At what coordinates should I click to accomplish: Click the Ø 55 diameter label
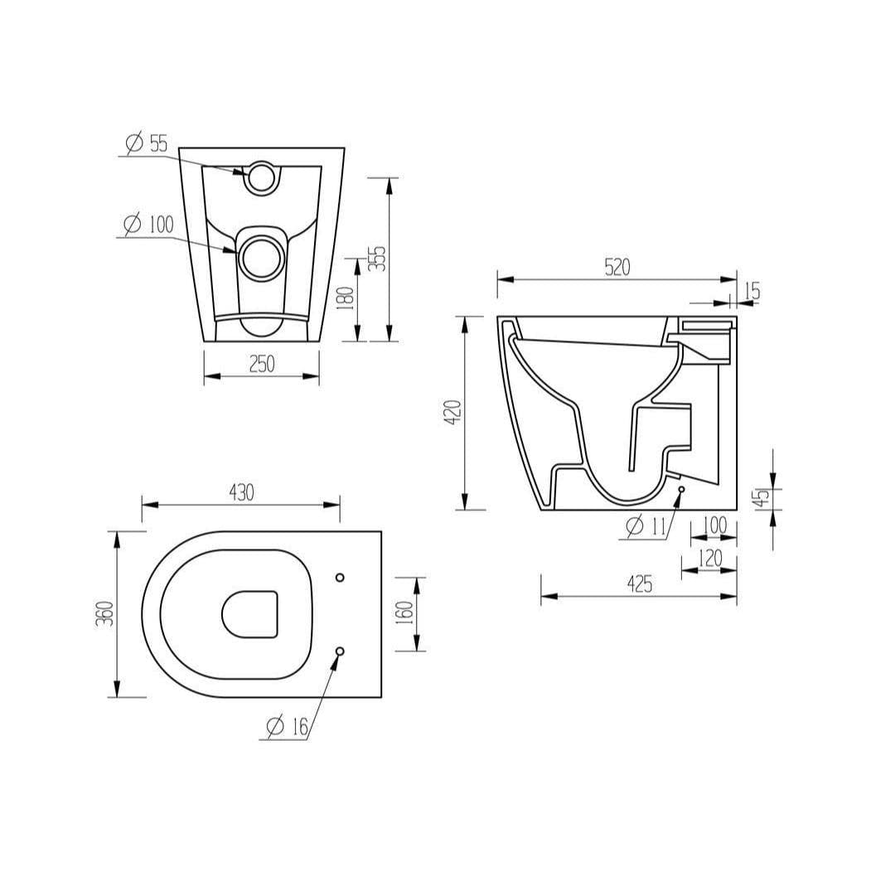pyautogui.click(x=147, y=143)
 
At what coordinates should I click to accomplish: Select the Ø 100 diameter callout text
pyautogui.click(x=148, y=225)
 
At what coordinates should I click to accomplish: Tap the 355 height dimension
pyautogui.click(x=378, y=259)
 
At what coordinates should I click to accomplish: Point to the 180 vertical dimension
pyautogui.click(x=346, y=298)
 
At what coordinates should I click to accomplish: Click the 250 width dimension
pyautogui.click(x=261, y=364)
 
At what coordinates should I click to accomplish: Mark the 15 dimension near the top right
pyautogui.click(x=752, y=291)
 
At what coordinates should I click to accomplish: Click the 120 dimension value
pyautogui.click(x=710, y=558)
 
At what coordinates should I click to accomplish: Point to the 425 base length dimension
pyautogui.click(x=637, y=583)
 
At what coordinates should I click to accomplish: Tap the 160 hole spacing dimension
pyautogui.click(x=405, y=613)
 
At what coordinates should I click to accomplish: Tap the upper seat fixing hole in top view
pyautogui.click(x=339, y=577)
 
